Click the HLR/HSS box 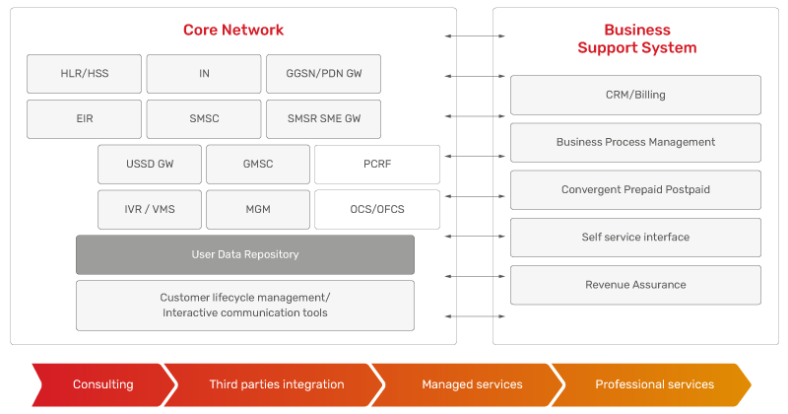[x=84, y=74]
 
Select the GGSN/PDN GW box [x=324, y=74]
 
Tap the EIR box [x=84, y=118]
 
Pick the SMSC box [x=204, y=118]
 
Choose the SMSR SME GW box [x=324, y=118]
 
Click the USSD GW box [x=150, y=164]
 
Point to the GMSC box [x=258, y=164]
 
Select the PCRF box [x=377, y=164]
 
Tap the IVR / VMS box [x=150, y=209]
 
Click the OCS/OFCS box [x=377, y=209]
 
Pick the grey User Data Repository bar [x=245, y=254]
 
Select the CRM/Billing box [x=635, y=95]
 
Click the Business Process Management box [x=635, y=142]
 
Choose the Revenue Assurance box [x=635, y=285]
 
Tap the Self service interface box [x=635, y=238]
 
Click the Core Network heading [x=233, y=31]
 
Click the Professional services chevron [x=651, y=384]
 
